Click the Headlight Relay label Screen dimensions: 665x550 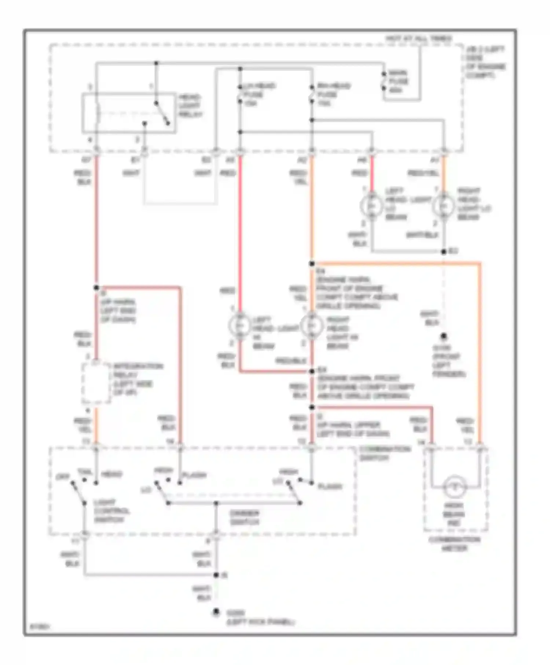pos(190,106)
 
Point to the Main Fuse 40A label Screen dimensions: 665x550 pos(398,81)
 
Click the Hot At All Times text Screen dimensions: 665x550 pos(418,38)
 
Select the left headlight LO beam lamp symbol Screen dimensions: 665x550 pos(371,206)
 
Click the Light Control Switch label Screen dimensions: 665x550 pos(111,511)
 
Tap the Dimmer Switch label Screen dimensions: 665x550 pos(245,517)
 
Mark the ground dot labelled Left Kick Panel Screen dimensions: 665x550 pos(216,612)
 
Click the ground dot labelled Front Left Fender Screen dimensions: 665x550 pos(443,336)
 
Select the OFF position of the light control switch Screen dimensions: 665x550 pos(60,477)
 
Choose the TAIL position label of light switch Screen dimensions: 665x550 pos(84,472)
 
